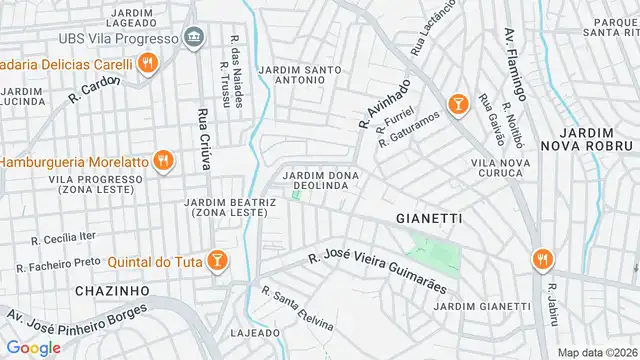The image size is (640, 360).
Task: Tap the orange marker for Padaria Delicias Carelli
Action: pos(147,65)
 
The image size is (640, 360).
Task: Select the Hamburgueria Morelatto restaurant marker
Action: pos(164,160)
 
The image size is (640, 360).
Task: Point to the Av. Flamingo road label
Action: pos(513,50)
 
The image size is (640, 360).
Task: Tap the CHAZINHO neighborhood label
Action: pos(112,289)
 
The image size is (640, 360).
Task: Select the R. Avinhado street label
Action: pos(384,105)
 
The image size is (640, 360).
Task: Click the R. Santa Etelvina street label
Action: pos(297,310)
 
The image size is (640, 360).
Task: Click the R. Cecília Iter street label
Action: pos(64,237)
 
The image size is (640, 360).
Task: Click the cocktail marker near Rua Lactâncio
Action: pos(458,103)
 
